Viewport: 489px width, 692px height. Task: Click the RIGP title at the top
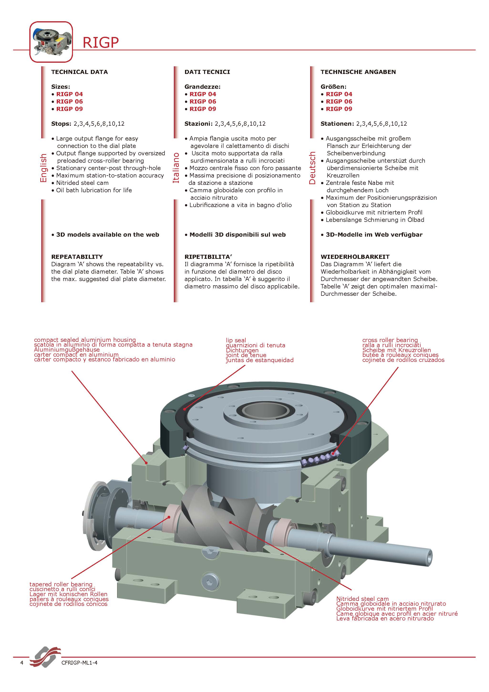(101, 42)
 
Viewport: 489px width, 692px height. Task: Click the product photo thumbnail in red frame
(51, 42)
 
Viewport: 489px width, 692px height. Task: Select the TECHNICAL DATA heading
(79, 72)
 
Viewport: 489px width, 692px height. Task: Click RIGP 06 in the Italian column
(202, 102)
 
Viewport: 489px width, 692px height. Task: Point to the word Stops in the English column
(61, 124)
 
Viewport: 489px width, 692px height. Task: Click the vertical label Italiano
(176, 168)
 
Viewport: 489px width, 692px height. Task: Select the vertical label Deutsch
(312, 168)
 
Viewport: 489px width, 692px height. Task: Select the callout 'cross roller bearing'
(390, 340)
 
